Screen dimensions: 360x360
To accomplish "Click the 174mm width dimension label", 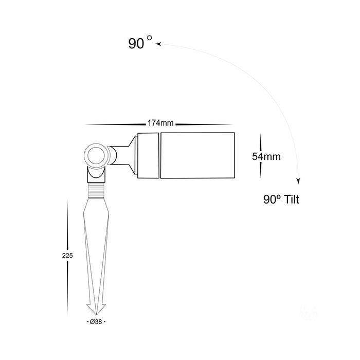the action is click(x=160, y=123).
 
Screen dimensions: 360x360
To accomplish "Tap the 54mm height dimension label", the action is click(x=266, y=156).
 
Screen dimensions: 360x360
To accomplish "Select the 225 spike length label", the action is click(x=67, y=255).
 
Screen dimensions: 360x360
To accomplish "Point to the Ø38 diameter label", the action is click(x=96, y=322).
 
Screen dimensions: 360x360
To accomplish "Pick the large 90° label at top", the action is click(x=140, y=43).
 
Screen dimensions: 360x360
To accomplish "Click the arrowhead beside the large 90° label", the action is click(x=158, y=44).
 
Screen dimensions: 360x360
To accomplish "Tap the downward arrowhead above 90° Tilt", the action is click(x=298, y=182).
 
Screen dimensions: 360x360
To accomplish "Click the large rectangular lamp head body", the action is click(x=197, y=155).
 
